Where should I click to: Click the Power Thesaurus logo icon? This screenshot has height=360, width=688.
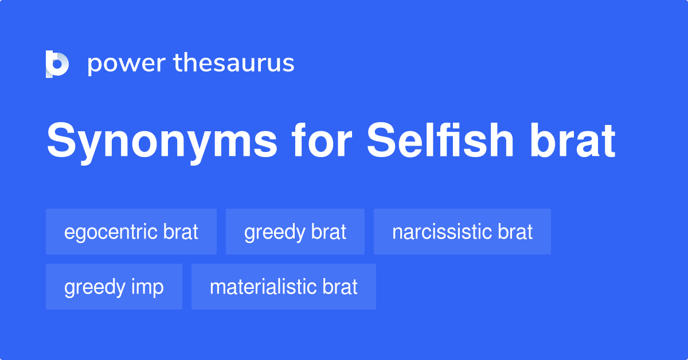pyautogui.click(x=57, y=64)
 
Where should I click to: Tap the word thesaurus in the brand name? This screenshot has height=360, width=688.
pyautogui.click(x=234, y=62)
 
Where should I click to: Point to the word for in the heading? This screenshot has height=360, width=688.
pyautogui.click(x=322, y=140)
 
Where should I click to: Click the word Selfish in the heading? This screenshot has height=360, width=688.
pyautogui.click(x=440, y=140)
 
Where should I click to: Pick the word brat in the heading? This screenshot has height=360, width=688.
pyautogui.click(x=572, y=140)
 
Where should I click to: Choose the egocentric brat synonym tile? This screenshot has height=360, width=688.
pyautogui.click(x=131, y=232)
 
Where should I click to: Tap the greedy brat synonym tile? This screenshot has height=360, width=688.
pyautogui.click(x=295, y=232)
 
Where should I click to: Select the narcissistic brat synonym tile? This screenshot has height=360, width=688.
pyautogui.click(x=462, y=232)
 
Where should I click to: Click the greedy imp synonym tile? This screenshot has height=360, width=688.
pyautogui.click(x=114, y=287)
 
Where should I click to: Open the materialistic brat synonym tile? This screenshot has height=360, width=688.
pyautogui.click(x=283, y=287)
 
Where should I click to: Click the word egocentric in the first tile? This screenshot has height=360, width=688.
pyautogui.click(x=111, y=233)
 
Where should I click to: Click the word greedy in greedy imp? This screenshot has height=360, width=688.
pyautogui.click(x=93, y=288)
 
